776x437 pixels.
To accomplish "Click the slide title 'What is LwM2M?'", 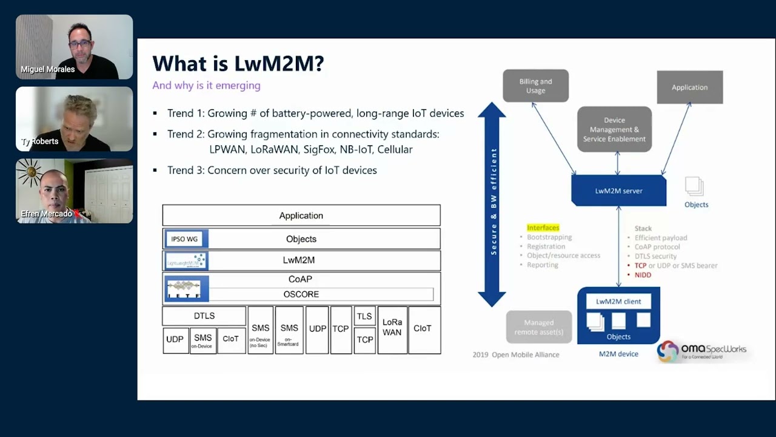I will coord(238,64).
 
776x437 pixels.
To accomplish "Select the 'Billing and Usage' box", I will coord(535,86).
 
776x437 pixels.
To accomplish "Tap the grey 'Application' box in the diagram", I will coord(689,87).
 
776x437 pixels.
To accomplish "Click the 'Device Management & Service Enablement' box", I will coord(614,129).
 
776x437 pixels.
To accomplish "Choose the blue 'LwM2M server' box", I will coord(618,191).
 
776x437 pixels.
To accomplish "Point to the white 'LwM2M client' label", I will coord(618,301).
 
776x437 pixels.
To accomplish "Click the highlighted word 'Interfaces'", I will coord(543,228).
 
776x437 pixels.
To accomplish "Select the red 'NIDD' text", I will coord(643,275).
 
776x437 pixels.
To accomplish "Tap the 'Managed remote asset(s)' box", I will coord(539,327).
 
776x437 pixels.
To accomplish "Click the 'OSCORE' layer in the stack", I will coord(301,294).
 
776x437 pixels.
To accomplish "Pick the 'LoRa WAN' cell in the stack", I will coord(392,328).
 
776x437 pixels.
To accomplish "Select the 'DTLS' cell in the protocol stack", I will coord(204,316).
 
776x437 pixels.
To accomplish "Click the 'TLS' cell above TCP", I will coord(364,316).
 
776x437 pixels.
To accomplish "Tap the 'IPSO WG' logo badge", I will coord(184,239).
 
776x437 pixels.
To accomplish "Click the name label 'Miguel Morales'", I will coord(48,69).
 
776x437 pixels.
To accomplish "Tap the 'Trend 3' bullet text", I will coord(272,171).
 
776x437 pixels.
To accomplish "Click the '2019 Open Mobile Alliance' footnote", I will coord(516,354).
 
